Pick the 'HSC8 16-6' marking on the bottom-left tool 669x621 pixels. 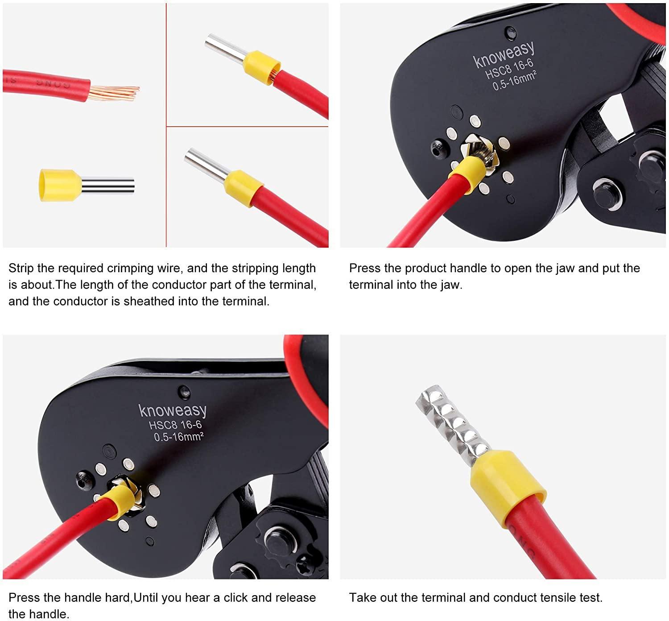[175, 425]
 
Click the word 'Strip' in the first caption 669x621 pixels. [21, 269]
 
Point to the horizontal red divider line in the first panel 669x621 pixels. [247, 127]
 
